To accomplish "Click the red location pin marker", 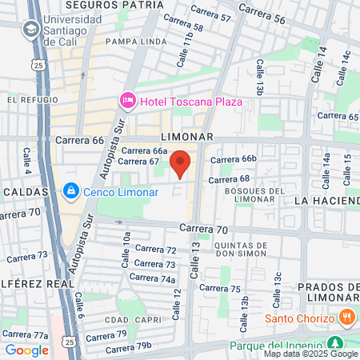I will [x=181, y=162].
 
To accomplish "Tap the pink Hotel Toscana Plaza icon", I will [x=127, y=100].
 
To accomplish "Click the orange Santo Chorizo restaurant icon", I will [x=346, y=318].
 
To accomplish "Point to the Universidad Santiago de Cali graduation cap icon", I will [x=30, y=29].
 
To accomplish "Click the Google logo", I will [x=26, y=350].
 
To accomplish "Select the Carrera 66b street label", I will [x=233, y=159].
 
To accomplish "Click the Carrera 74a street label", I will [x=156, y=279].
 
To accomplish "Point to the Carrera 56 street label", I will [x=262, y=13].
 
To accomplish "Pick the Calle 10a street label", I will [x=126, y=249].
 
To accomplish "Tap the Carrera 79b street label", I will [x=128, y=347].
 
